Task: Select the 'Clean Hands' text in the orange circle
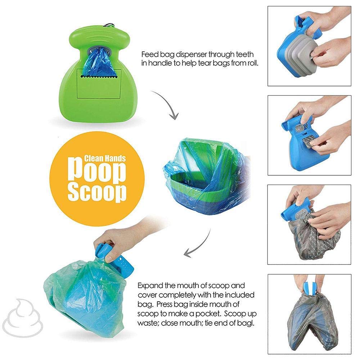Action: [104, 158]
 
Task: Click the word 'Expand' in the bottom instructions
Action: [150, 286]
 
